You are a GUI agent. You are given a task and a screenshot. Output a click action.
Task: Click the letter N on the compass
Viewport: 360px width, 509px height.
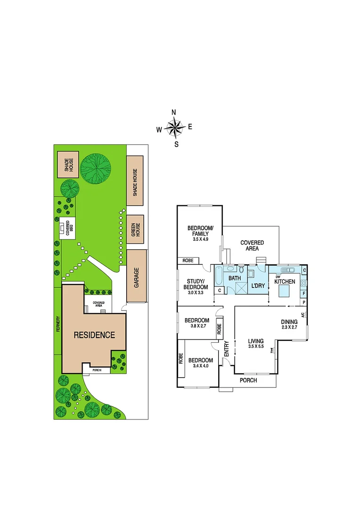tap(174, 112)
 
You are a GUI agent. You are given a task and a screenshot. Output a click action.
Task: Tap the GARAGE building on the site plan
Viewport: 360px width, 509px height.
tap(137, 276)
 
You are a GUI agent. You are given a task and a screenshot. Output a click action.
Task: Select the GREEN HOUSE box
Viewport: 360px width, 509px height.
tap(135, 229)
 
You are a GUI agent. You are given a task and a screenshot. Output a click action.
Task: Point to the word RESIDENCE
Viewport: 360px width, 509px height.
tap(94, 335)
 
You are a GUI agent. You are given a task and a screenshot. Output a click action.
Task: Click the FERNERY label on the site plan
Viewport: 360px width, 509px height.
tap(58, 324)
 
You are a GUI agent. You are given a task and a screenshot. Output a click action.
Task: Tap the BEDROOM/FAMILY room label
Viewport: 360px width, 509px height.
tap(201, 230)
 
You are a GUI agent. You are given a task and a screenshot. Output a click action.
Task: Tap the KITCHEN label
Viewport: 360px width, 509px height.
tap(285, 282)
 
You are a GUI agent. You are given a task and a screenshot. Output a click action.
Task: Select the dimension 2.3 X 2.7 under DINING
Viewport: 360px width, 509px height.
tap(290, 328)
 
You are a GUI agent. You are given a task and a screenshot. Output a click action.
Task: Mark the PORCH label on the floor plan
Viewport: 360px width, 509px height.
tap(248, 380)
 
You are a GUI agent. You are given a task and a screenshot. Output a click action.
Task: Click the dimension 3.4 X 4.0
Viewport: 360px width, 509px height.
tap(197, 366)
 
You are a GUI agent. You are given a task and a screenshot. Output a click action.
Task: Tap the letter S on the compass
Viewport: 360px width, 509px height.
tap(176, 145)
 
